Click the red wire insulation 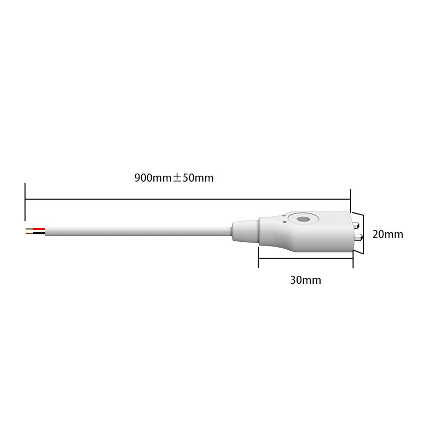(39, 229)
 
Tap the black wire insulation (39, 233)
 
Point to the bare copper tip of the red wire (29, 229)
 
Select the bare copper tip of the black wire (29, 233)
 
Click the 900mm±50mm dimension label (174, 178)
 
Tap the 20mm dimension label (388, 234)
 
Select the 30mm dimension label (306, 280)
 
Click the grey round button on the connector (303, 219)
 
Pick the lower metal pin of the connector (357, 236)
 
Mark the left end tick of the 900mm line (25, 201)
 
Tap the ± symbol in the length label (177, 178)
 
